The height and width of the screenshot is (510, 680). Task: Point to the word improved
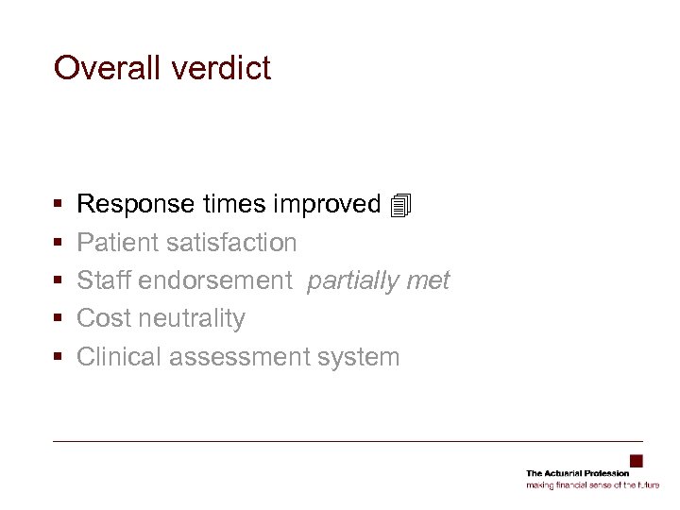point(327,204)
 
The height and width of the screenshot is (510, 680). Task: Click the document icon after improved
point(400,204)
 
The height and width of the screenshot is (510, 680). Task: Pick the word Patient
point(117,243)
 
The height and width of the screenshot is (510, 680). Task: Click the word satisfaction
point(231,243)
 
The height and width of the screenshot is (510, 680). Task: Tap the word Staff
point(104,280)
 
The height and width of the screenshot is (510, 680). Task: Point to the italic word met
point(430,280)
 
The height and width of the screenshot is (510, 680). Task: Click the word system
point(360,357)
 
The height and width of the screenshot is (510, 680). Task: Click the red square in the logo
point(636,461)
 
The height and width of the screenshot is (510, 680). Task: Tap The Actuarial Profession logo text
point(577,473)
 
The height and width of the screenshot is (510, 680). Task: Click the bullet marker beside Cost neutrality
point(59,319)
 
